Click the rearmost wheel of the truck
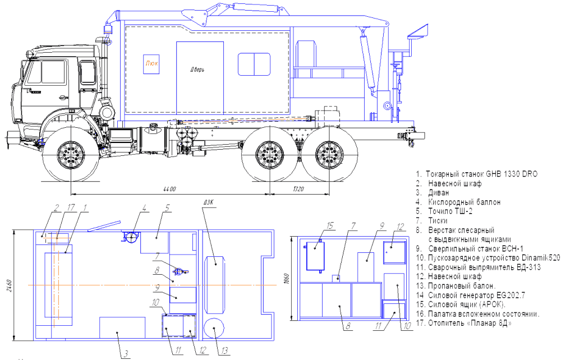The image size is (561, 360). [x=329, y=154]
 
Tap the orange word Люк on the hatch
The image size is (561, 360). [x=151, y=63]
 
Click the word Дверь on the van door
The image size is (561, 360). [x=197, y=70]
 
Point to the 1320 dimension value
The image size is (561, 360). [x=298, y=189]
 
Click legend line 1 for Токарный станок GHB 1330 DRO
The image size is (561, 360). [x=476, y=174]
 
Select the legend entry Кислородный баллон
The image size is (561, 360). [x=458, y=202]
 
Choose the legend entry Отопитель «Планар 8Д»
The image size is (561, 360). [x=464, y=323]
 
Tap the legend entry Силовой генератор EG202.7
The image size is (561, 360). [x=471, y=296]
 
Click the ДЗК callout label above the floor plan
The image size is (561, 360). [x=208, y=202]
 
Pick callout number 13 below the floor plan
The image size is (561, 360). [x=224, y=350]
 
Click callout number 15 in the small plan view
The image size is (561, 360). [x=330, y=225]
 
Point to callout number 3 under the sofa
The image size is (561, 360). [x=126, y=354]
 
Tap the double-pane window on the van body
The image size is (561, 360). [x=254, y=64]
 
